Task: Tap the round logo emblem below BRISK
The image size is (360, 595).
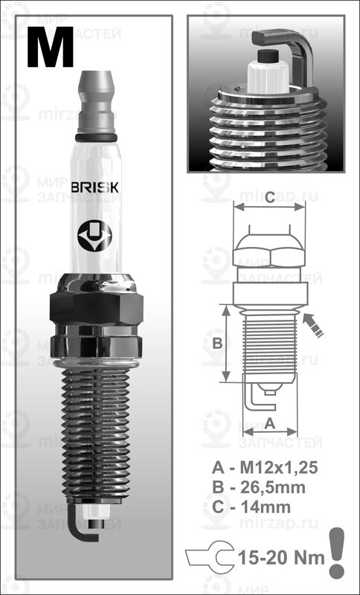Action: click(x=96, y=237)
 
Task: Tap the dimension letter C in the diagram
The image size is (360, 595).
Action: click(x=270, y=197)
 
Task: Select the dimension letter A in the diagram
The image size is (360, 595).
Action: click(x=270, y=422)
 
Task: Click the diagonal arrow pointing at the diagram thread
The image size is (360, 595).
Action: click(x=315, y=325)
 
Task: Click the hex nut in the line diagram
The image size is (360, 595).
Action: click(x=270, y=254)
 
